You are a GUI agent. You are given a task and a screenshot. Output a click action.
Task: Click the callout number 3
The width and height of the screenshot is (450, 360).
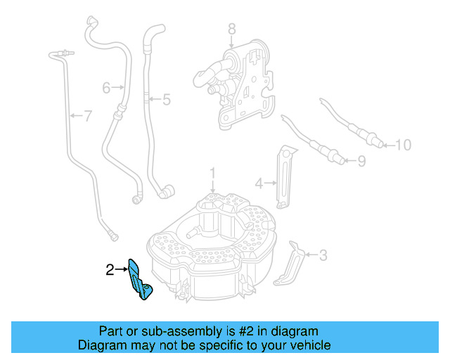pyautogui.click(x=323, y=255)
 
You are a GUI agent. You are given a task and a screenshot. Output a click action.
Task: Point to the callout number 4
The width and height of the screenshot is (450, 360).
pyautogui.click(x=258, y=184)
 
